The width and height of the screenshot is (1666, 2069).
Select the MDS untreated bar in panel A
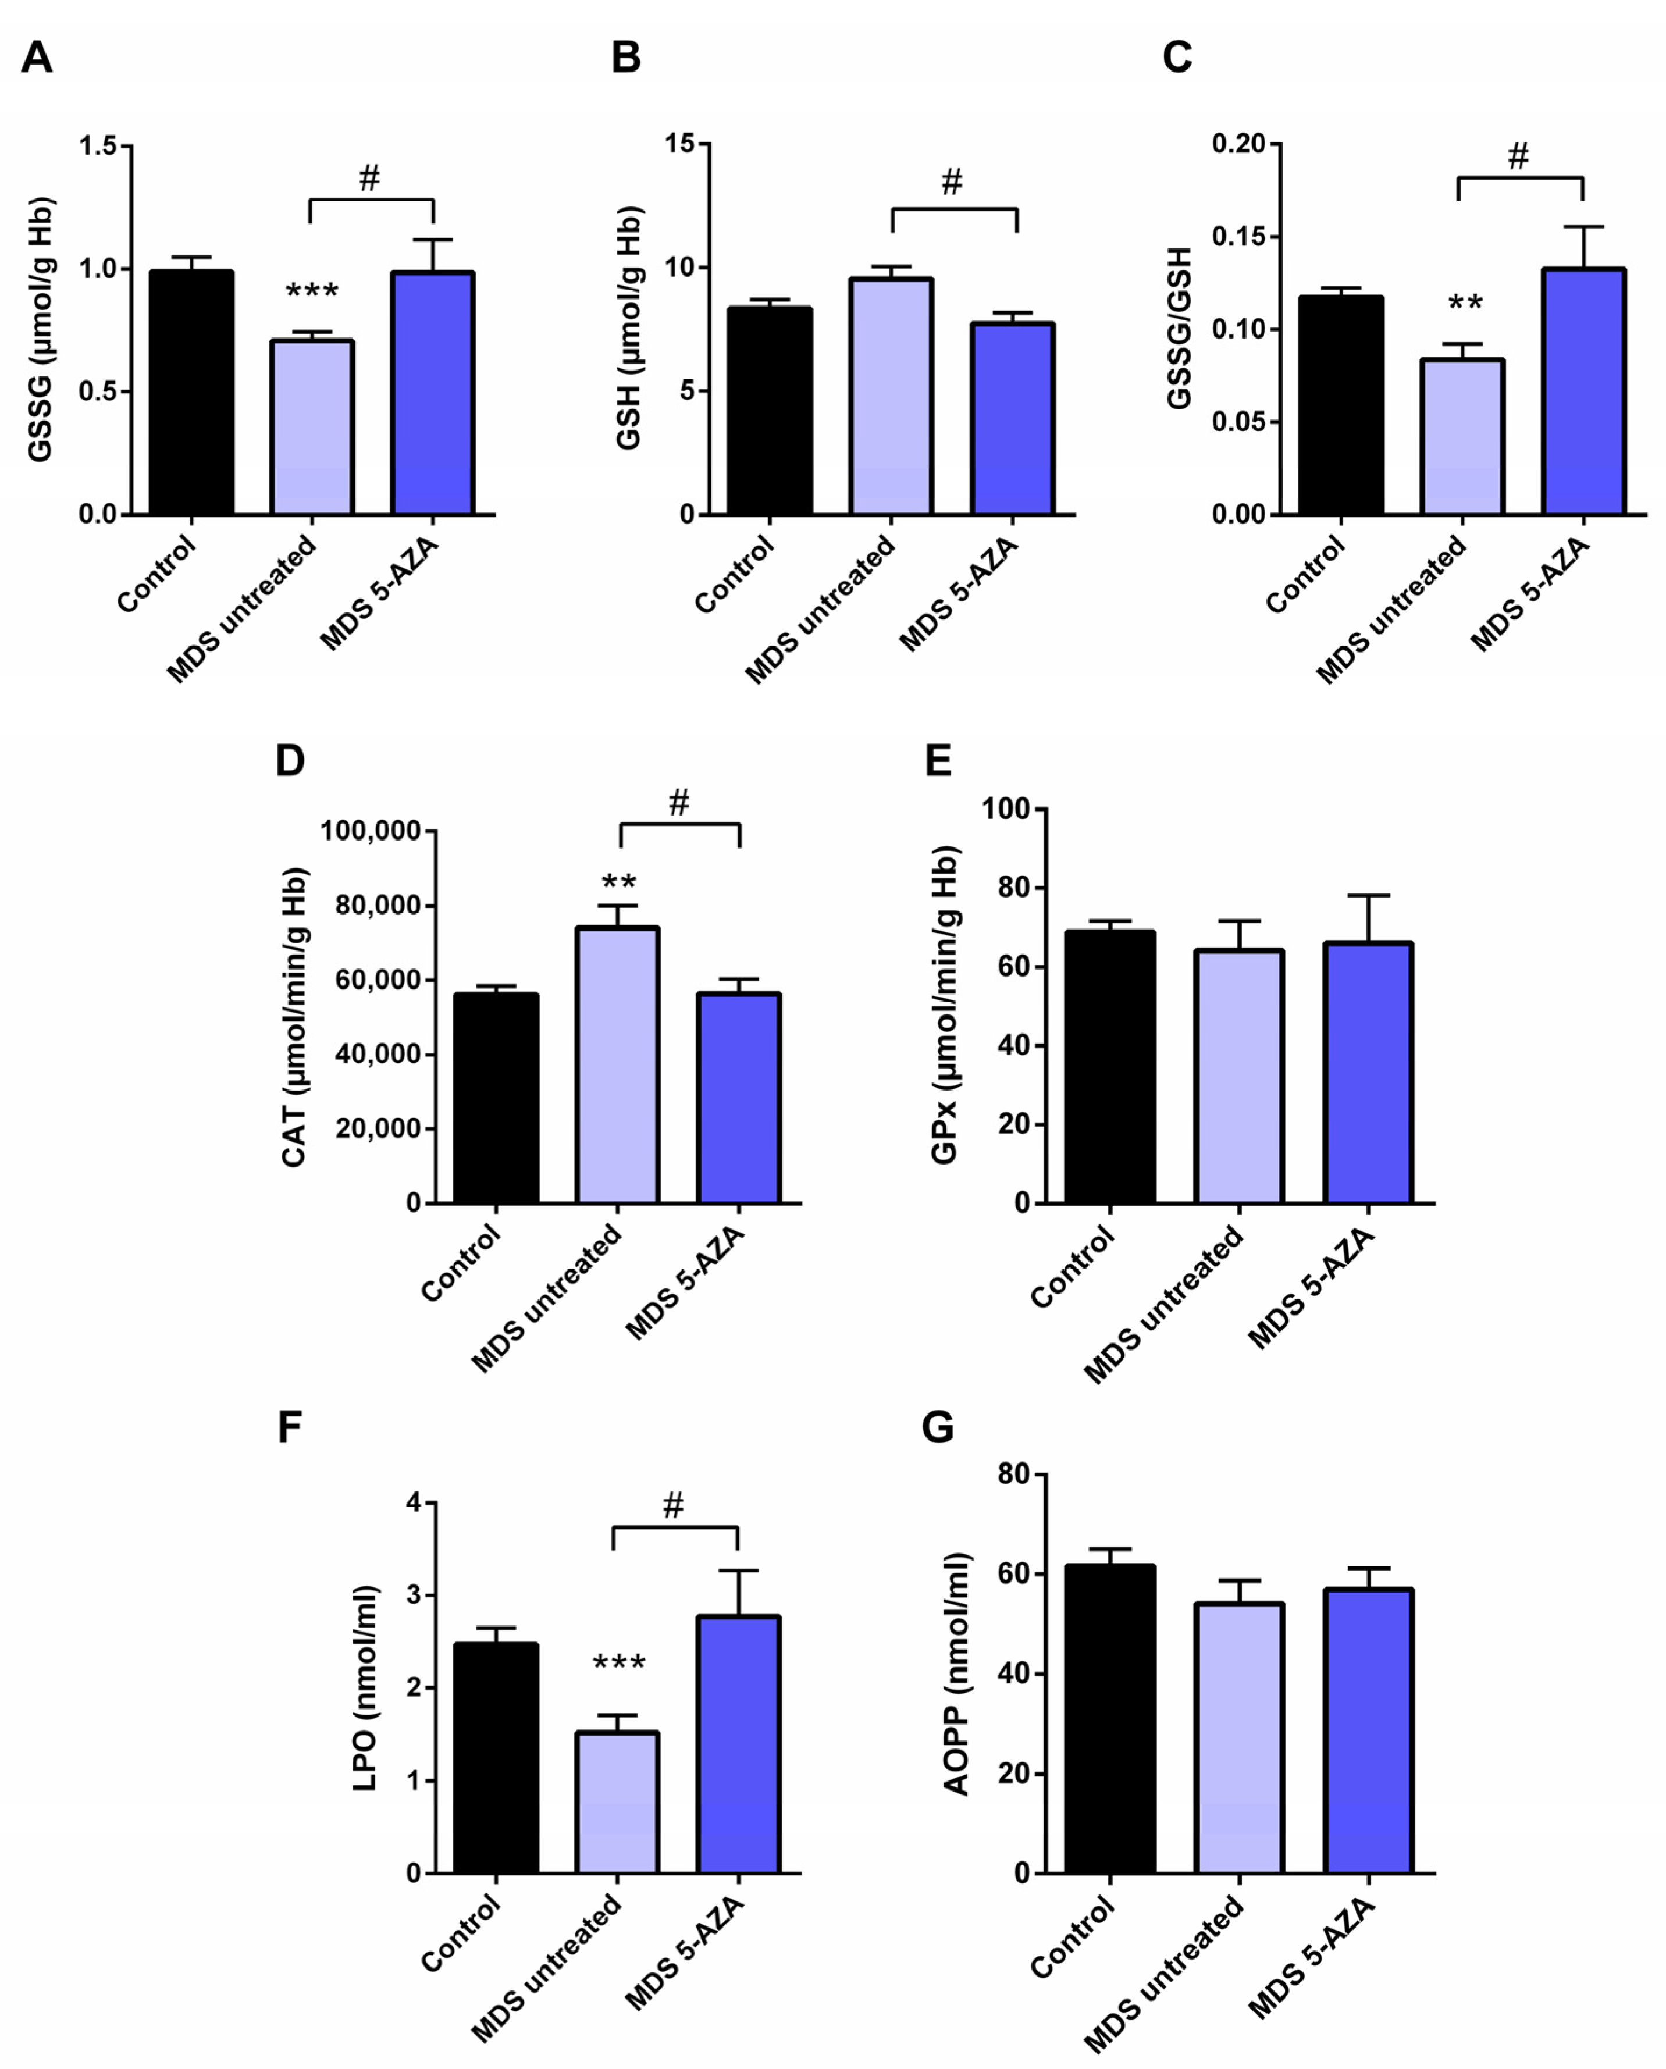(312, 427)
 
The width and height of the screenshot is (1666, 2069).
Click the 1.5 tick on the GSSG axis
(97, 146)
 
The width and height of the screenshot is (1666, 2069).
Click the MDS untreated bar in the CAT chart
(617, 1064)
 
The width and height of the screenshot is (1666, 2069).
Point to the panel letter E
(938, 760)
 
